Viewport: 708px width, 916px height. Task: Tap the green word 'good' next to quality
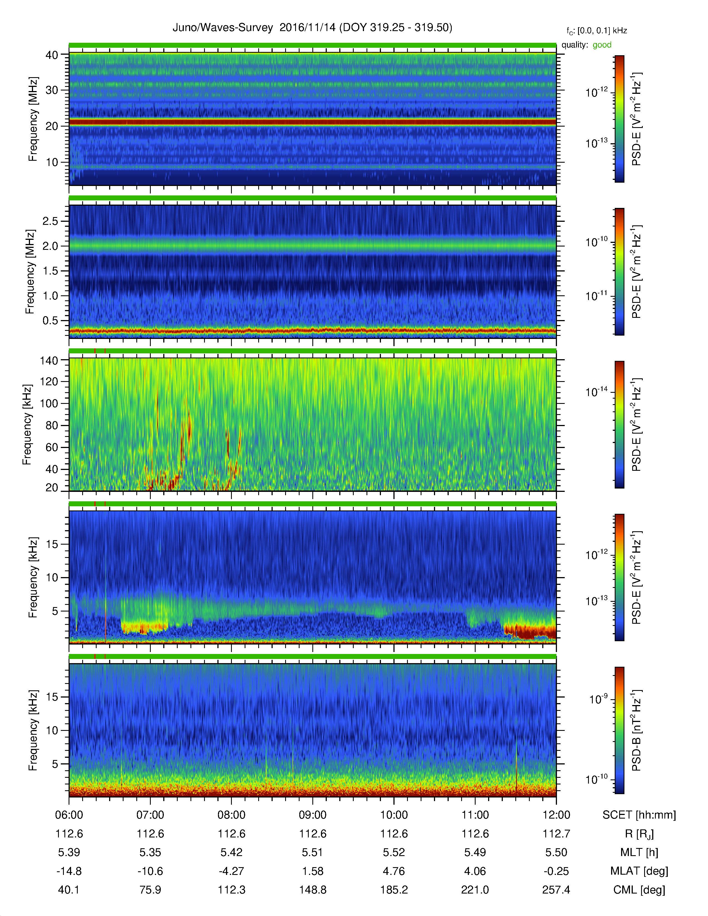602,45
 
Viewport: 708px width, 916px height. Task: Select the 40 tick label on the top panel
52,55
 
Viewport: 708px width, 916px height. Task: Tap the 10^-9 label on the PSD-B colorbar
598,699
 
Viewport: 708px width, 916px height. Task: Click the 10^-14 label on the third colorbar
596,392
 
